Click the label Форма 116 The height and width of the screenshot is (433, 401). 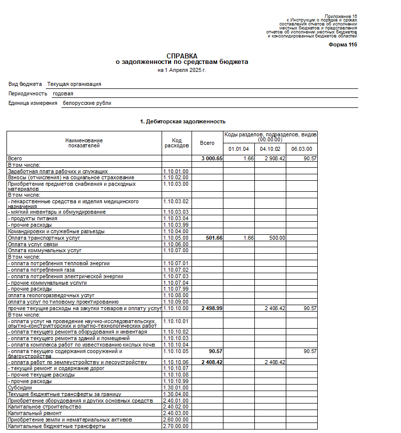click(x=343, y=45)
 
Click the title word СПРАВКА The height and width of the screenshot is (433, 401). click(x=182, y=55)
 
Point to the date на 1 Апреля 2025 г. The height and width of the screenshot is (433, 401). click(x=182, y=70)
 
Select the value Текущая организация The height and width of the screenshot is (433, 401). click(x=74, y=84)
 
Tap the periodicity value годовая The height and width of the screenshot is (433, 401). click(x=63, y=93)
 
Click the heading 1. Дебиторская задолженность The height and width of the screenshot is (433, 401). click(x=183, y=121)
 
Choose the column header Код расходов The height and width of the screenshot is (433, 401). click(x=177, y=143)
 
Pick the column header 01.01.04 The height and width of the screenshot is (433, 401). click(x=238, y=149)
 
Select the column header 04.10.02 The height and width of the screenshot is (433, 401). click(x=270, y=149)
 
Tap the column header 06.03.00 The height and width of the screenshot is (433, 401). click(x=302, y=149)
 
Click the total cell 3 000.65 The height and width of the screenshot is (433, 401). click(x=212, y=158)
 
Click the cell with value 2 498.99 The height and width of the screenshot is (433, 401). click(x=212, y=309)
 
